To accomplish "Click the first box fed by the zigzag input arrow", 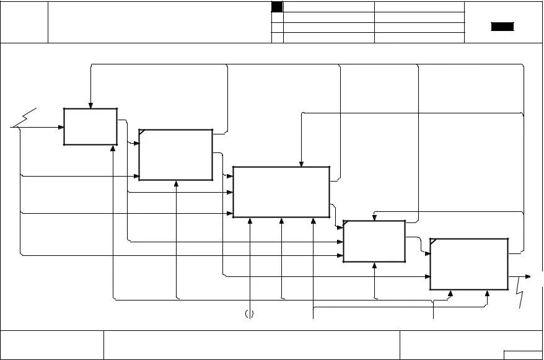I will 90,127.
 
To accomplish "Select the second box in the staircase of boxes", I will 176,155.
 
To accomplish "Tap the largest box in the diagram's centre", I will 281,191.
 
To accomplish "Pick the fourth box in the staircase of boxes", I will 374,241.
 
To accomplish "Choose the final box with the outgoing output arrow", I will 469,264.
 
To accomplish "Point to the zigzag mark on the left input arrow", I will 25,118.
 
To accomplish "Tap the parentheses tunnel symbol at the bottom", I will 249,314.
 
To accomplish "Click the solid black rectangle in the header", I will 502,27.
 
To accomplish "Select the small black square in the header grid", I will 277,7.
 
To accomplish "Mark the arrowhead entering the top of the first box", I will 90,105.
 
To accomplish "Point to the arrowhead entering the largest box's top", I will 302,164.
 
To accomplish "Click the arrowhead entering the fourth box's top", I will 374,217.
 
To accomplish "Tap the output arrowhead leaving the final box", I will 527,276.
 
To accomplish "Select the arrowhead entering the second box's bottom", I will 177,183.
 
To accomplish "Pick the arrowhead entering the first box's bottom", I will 113,149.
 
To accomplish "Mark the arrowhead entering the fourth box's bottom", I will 375,265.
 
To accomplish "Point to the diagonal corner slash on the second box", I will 143,133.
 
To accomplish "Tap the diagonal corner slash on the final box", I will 433,241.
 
